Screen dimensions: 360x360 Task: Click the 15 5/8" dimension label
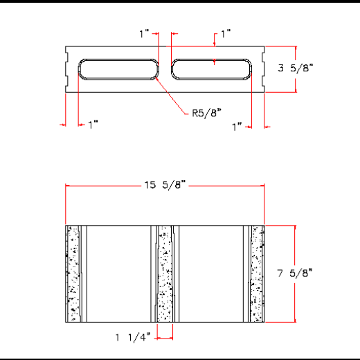click(165, 185)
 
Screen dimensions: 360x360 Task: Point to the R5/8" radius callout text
click(206, 114)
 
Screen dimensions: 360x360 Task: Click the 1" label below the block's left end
click(93, 125)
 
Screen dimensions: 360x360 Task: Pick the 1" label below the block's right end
click(237, 127)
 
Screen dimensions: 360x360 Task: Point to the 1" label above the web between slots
click(144, 33)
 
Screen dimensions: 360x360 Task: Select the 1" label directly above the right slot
click(226, 33)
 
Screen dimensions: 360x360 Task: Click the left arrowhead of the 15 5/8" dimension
click(68, 185)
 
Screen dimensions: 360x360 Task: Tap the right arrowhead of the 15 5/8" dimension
click(262, 185)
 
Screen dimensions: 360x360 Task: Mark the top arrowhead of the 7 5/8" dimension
click(296, 228)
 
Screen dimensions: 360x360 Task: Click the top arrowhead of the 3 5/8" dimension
click(296, 49)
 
